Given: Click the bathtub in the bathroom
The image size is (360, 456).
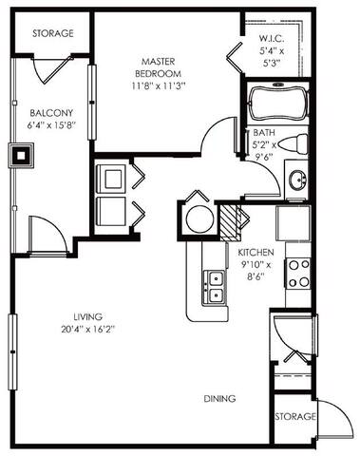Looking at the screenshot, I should click(x=276, y=104).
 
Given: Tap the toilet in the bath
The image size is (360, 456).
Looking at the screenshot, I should click(x=297, y=145).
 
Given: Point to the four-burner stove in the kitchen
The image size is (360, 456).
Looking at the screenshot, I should click(x=300, y=275).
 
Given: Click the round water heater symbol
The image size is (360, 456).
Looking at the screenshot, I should click(x=200, y=218).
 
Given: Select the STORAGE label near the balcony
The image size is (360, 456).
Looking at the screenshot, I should click(x=52, y=33).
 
